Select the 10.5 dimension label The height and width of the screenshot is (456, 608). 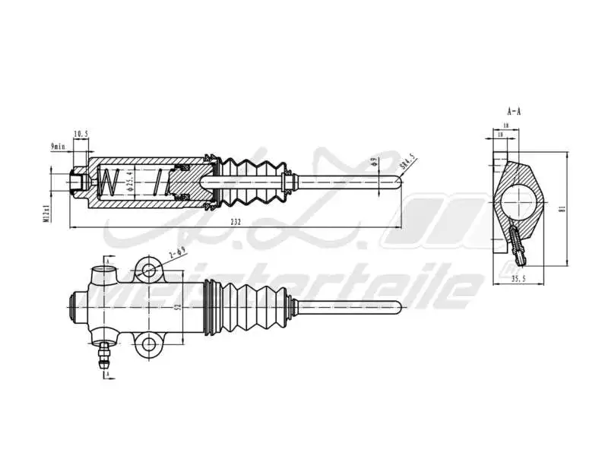[81, 135]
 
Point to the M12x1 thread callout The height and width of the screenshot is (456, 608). [47, 212]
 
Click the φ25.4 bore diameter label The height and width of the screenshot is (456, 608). [131, 183]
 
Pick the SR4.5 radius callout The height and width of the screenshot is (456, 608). [407, 163]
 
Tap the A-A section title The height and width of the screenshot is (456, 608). [515, 111]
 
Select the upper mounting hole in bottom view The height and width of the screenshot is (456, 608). [150, 269]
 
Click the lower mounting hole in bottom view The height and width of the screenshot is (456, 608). [150, 345]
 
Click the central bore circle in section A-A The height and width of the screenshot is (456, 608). [517, 204]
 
